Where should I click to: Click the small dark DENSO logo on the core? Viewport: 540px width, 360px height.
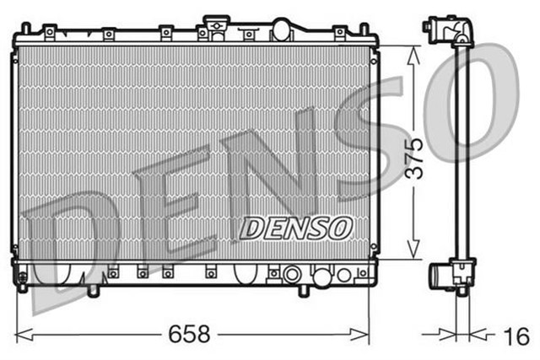296,227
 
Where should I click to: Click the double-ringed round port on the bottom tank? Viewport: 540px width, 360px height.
291,274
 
